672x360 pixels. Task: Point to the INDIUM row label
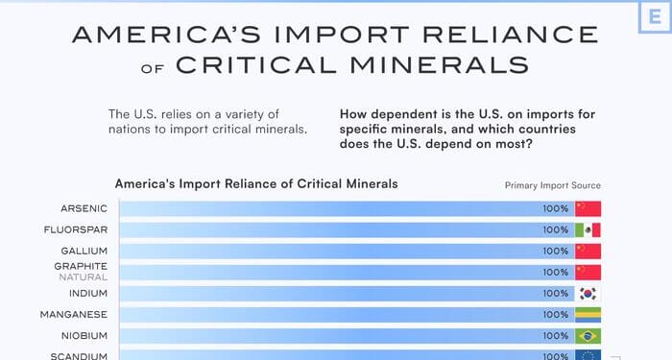(x=88, y=293)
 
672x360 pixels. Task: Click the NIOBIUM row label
(x=86, y=335)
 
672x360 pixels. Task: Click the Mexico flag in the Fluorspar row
(x=588, y=229)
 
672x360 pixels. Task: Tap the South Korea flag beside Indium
(x=588, y=293)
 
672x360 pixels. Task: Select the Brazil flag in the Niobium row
(x=588, y=335)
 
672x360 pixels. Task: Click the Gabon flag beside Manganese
(x=588, y=314)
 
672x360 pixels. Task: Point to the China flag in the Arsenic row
(x=588, y=208)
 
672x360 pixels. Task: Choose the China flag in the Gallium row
(x=588, y=251)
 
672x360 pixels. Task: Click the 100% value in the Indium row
(x=555, y=293)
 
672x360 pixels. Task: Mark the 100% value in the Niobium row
(x=555, y=335)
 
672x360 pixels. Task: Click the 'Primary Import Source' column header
(x=553, y=185)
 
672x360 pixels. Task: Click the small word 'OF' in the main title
(x=155, y=68)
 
